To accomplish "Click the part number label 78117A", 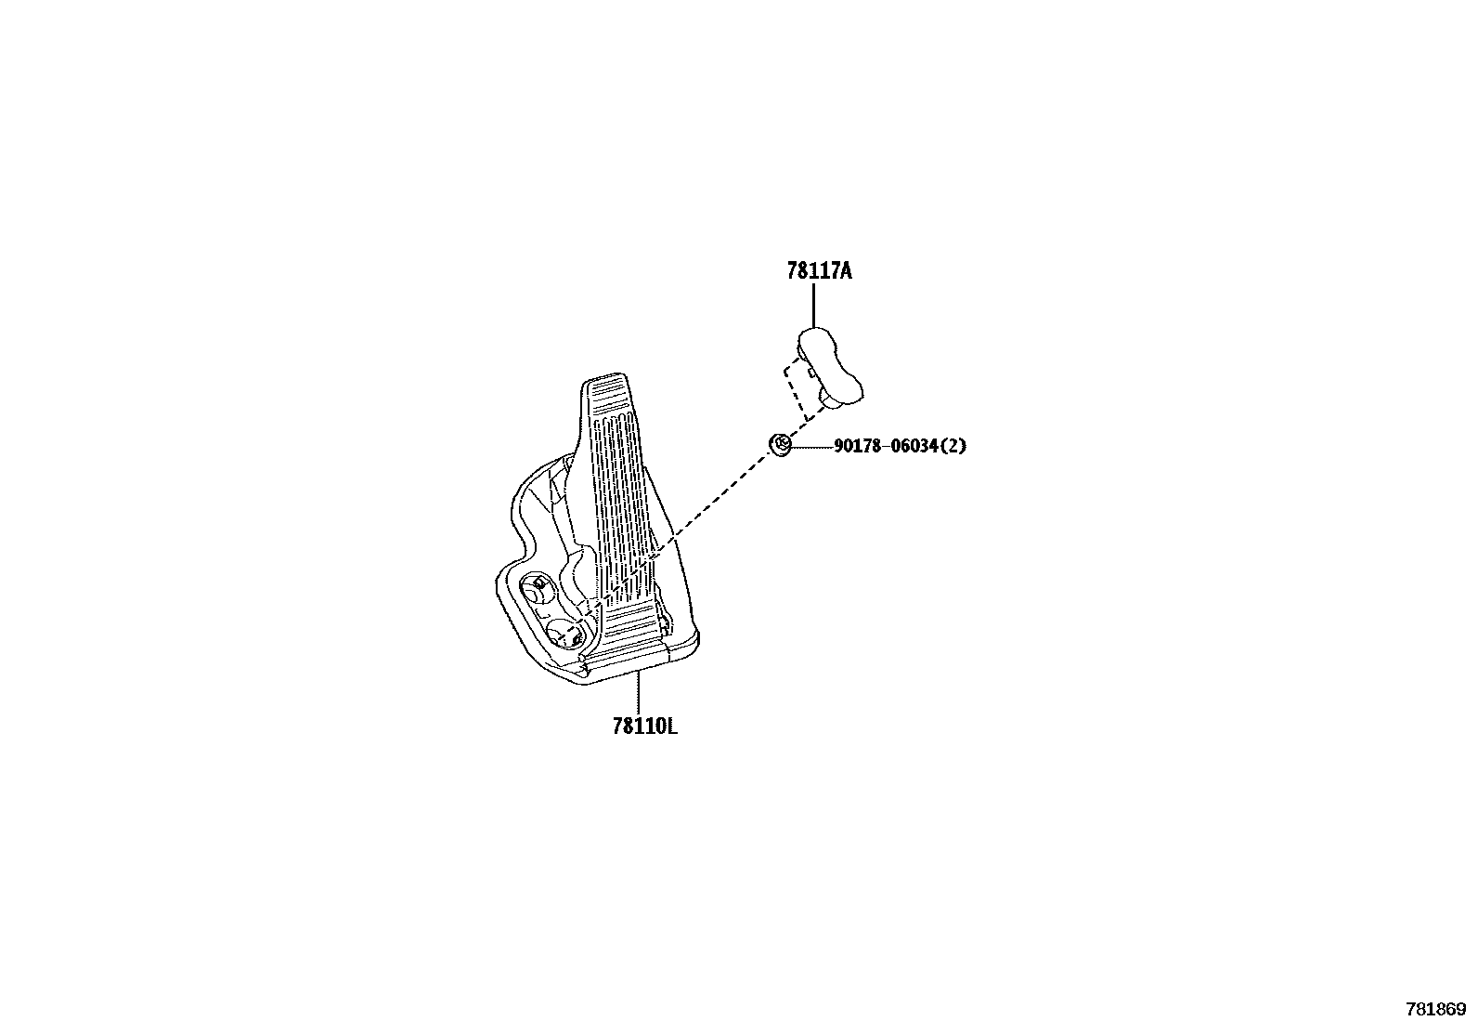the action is [x=819, y=271].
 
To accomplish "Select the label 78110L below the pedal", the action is [x=644, y=726].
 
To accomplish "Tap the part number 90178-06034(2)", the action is [x=900, y=446].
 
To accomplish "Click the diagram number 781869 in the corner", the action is [x=1435, y=1008].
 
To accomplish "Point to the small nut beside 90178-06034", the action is [x=781, y=444].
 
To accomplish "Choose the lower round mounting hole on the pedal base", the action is [x=564, y=635].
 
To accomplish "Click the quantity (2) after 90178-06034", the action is [x=953, y=446].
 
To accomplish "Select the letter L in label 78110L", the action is [x=671, y=726].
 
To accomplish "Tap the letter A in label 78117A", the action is [x=846, y=271].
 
